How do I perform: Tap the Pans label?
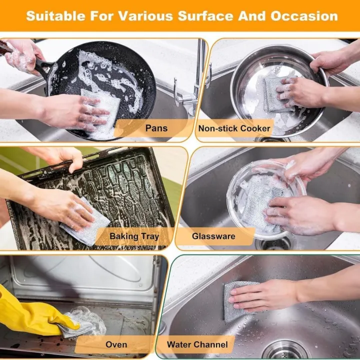coord(156,128)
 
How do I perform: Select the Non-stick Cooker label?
coord(234,128)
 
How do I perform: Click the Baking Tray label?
coord(134,236)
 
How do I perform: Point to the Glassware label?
coord(213,236)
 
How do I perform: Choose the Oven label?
coord(116,344)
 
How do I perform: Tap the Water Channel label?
coord(197,344)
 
